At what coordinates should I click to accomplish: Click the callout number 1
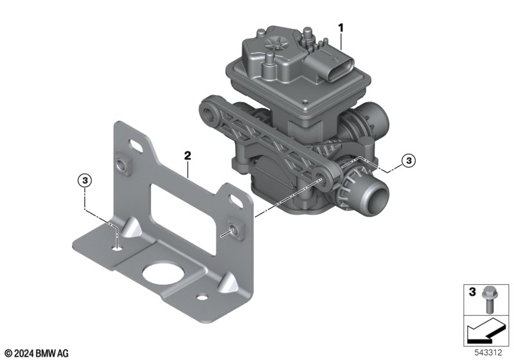tap(341, 28)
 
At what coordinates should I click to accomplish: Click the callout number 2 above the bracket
tap(188, 156)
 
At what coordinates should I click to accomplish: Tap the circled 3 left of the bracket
tap(85, 181)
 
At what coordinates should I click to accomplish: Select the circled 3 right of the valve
tap(409, 161)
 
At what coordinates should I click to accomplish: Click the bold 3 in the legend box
tap(472, 292)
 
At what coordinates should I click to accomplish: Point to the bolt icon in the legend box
tap(489, 300)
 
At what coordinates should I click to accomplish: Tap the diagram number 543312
tap(488, 353)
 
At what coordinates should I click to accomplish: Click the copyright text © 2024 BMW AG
tap(37, 354)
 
